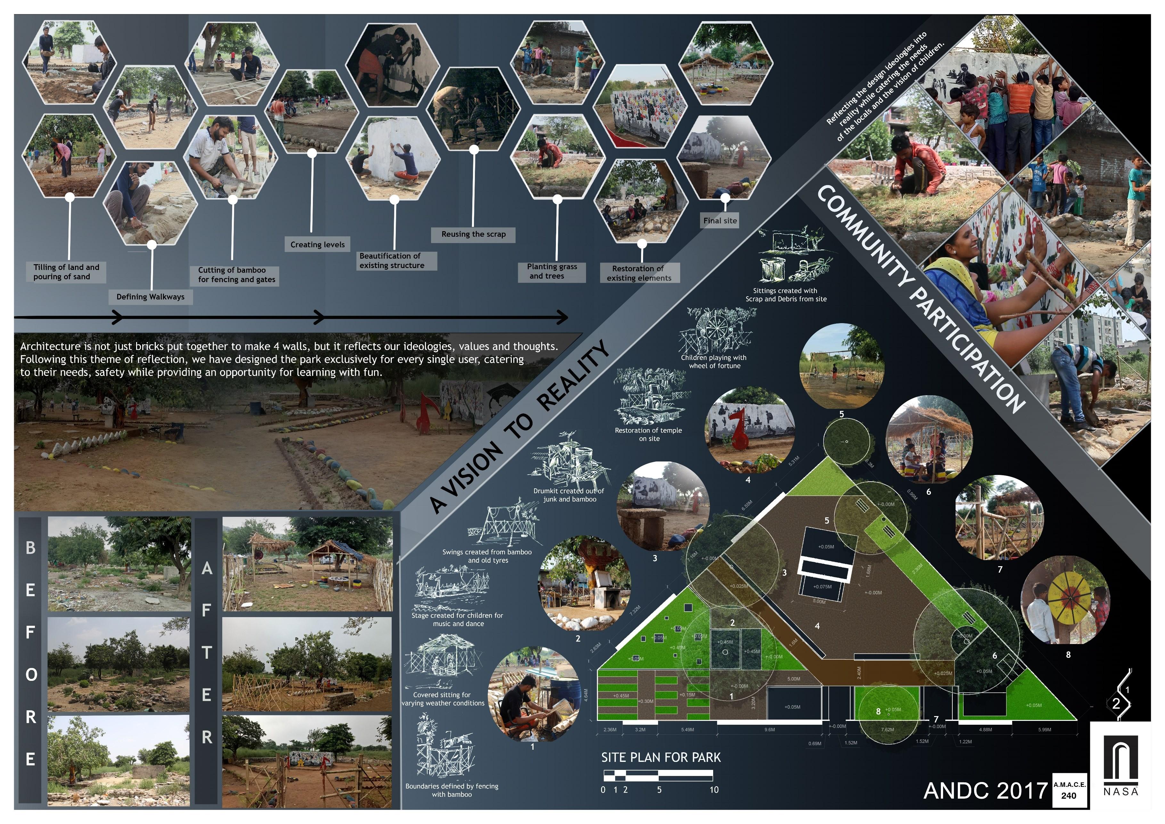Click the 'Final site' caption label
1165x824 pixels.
(720, 221)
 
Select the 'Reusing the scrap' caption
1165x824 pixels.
(473, 234)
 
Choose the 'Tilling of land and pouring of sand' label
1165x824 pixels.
(66, 272)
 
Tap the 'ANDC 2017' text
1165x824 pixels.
(985, 790)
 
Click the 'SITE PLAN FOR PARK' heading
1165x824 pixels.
(661, 757)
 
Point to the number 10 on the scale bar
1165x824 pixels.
(714, 790)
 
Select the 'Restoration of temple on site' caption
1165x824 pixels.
(648, 434)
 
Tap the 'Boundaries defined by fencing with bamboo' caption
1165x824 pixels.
(452, 790)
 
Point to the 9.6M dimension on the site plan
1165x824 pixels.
(769, 730)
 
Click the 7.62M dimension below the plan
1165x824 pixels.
(887, 730)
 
